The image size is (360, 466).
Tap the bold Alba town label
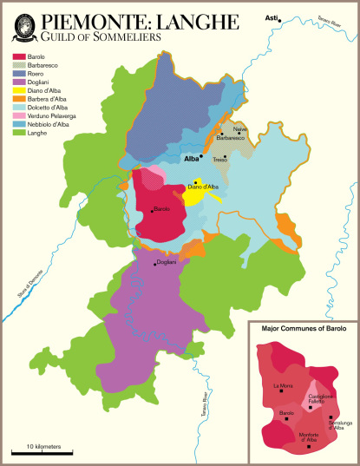pos(192,159)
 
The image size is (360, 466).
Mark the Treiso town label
pos(219,160)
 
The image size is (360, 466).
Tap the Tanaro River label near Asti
pos(324,23)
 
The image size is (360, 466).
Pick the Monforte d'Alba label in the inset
pos(307,437)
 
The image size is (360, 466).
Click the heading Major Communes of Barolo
pos(302,330)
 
